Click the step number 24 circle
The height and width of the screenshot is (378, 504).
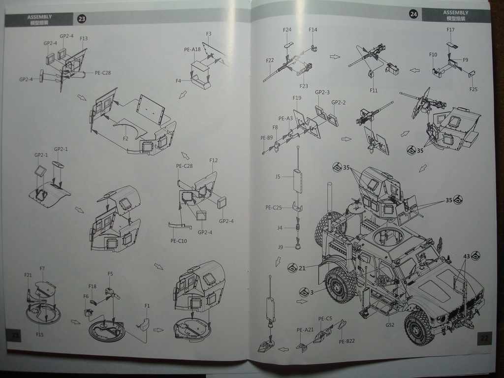[413, 14]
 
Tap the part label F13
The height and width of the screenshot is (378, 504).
[84, 38]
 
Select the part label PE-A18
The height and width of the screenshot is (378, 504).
[192, 49]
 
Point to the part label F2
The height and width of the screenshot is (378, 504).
[126, 139]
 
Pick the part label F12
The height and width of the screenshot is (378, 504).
[214, 160]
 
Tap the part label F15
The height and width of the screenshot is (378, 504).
[40, 334]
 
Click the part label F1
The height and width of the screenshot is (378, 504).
[147, 306]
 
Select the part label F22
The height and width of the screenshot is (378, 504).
[270, 60]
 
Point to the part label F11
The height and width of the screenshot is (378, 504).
[374, 90]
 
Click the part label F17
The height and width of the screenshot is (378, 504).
[450, 30]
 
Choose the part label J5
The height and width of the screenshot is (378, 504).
[278, 176]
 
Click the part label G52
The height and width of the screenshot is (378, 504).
[390, 325]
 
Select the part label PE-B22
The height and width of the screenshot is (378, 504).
[347, 341]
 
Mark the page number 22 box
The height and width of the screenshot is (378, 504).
[484, 338]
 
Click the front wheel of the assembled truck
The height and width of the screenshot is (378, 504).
[419, 327]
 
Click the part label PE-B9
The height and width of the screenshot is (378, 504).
[266, 138]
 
